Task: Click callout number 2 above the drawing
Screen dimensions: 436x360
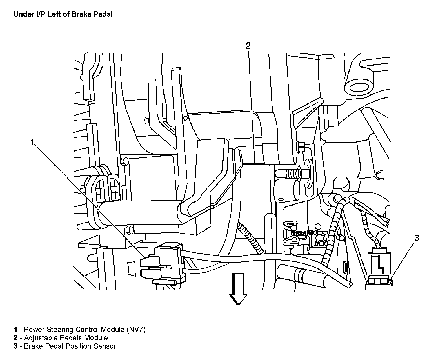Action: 248,46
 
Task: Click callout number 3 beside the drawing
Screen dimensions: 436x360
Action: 416,238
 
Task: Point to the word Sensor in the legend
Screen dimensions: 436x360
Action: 106,346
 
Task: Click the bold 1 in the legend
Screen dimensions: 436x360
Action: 15,329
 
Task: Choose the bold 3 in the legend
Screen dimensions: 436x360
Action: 15,346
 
